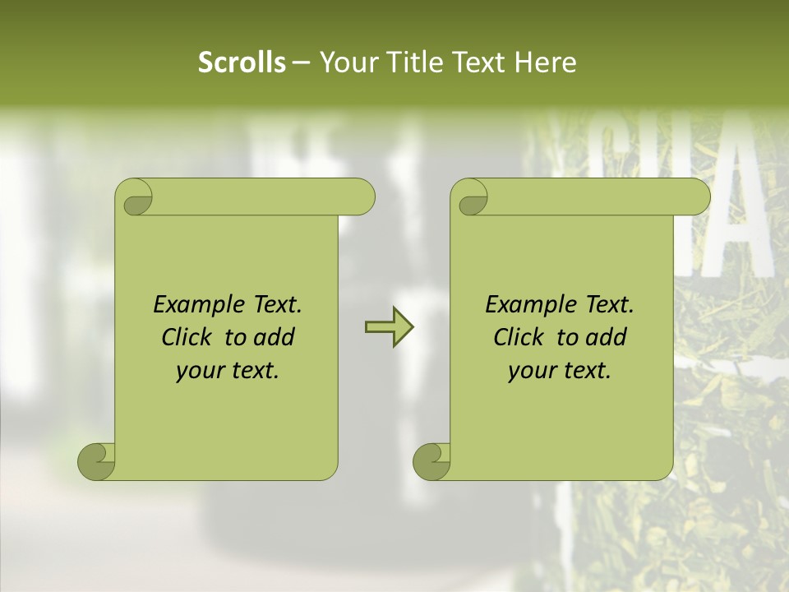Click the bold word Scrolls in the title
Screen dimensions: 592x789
(242, 62)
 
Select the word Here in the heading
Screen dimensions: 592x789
(545, 62)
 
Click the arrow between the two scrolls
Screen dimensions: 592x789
(389, 327)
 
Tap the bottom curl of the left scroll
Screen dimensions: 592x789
(96, 461)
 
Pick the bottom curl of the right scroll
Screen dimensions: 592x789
(431, 461)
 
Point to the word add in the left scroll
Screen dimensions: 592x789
(275, 337)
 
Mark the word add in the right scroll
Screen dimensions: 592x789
(607, 337)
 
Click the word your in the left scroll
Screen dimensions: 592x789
(200, 372)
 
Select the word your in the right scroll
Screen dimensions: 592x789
(532, 372)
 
